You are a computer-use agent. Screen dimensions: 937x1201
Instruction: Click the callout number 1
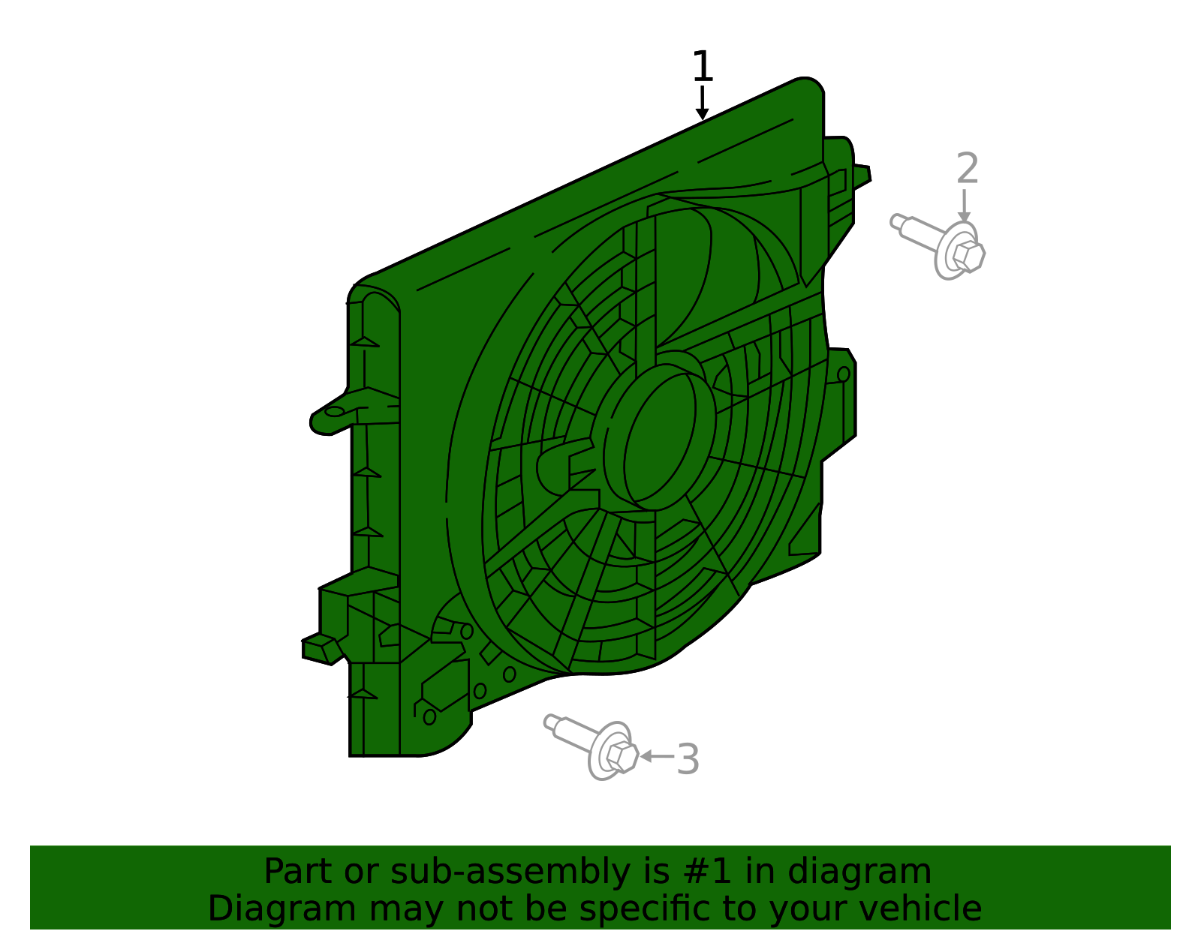[702, 68]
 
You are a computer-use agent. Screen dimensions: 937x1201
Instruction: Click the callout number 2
[968, 169]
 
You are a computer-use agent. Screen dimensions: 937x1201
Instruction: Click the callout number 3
[688, 759]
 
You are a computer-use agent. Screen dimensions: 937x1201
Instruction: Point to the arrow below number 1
[702, 104]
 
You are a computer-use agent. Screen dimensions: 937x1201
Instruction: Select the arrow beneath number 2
[965, 206]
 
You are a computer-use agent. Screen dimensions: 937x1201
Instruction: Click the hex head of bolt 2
[968, 256]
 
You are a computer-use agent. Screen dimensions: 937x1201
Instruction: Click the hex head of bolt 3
[621, 756]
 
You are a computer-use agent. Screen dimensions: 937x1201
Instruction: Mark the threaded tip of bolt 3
[552, 722]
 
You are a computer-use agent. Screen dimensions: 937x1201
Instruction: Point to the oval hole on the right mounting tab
[843, 374]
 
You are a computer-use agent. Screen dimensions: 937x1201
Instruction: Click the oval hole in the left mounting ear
[334, 411]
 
